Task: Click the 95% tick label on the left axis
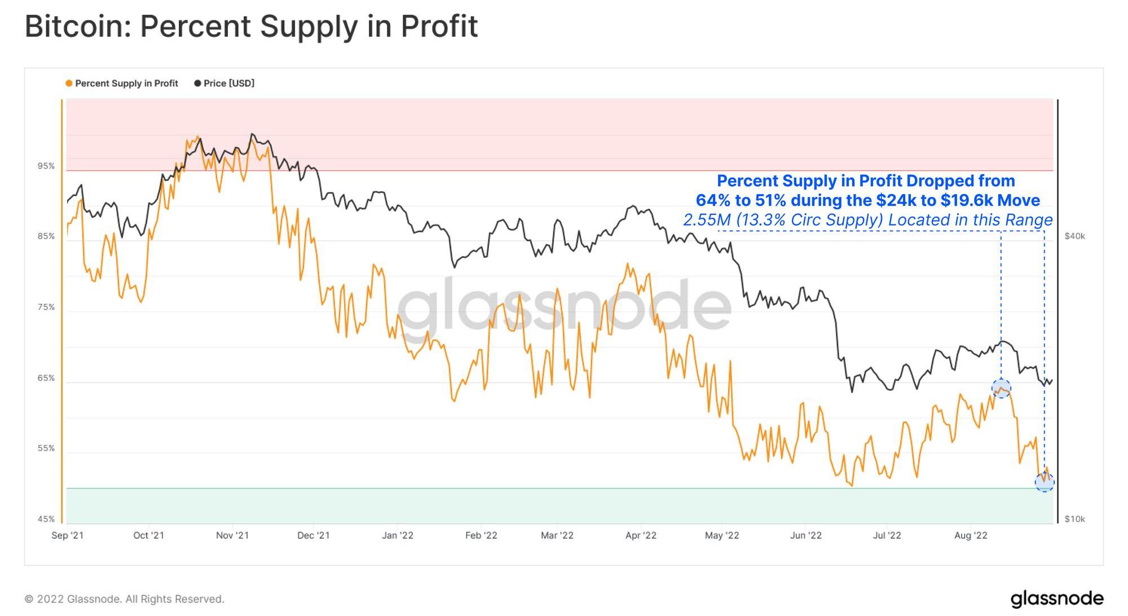46,166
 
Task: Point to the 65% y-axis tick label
46,378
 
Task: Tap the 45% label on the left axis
46,519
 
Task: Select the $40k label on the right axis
1074,236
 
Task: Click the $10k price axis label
1074,519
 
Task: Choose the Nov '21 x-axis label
232,535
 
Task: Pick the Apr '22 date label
641,535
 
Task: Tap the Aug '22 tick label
971,535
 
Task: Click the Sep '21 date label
68,535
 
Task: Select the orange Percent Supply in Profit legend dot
69,83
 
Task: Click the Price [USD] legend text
229,83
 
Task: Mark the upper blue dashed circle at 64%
1001,388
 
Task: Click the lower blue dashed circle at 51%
1045,482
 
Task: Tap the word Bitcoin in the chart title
77,27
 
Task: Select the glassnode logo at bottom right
1056,599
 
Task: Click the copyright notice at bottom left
125,599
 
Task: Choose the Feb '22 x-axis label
481,535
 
